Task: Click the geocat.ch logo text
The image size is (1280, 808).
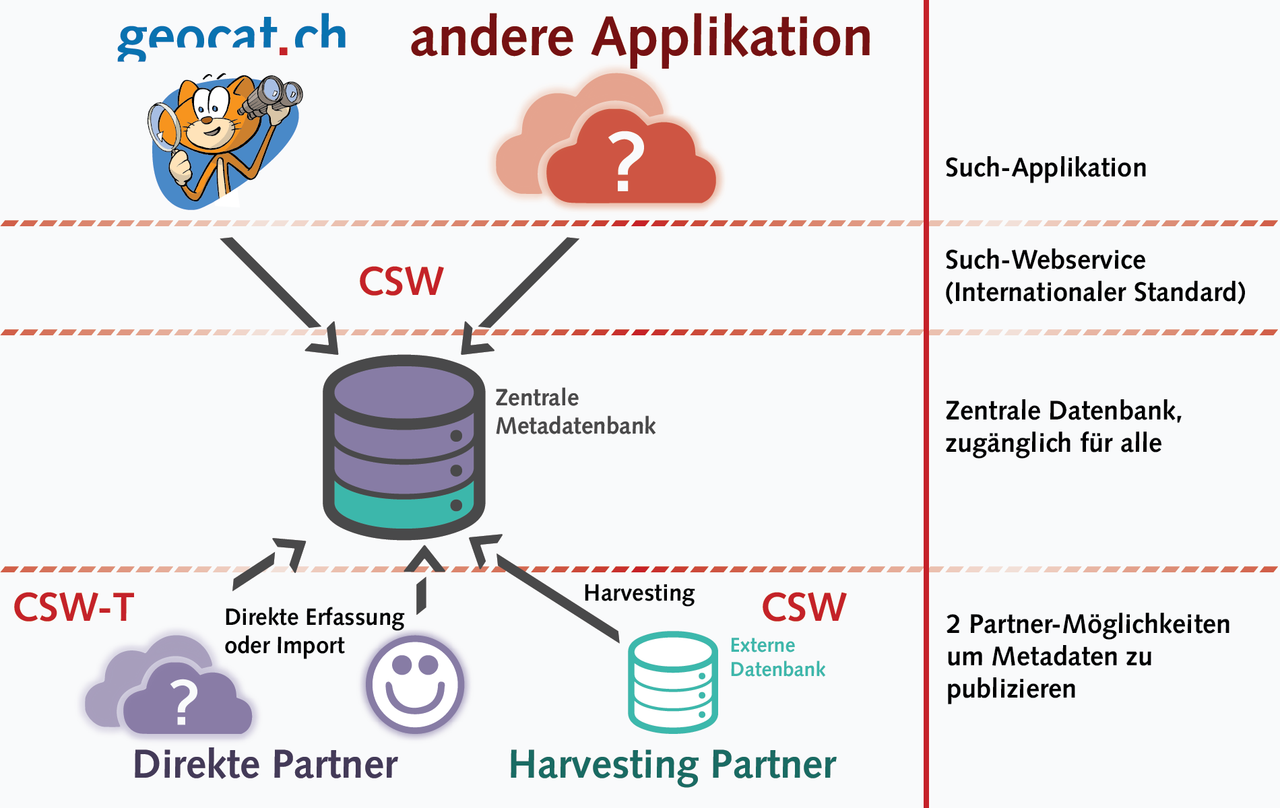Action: pyautogui.click(x=232, y=37)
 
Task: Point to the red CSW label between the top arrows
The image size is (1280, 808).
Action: pyautogui.click(x=401, y=281)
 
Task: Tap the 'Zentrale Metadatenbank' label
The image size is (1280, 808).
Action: pyautogui.click(x=575, y=411)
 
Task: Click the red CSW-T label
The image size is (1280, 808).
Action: pyautogui.click(x=74, y=607)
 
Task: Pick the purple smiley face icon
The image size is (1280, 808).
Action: pyautogui.click(x=415, y=684)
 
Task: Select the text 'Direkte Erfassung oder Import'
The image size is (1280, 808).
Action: pyautogui.click(x=313, y=631)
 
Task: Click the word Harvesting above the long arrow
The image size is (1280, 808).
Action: pyautogui.click(x=639, y=593)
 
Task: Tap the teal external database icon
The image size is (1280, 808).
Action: pyautogui.click(x=672, y=682)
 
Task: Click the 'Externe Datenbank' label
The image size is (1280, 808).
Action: pyautogui.click(x=777, y=657)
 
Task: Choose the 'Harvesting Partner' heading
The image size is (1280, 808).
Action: pyautogui.click(x=672, y=765)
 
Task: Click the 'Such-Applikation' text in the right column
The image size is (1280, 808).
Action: pyautogui.click(x=1046, y=168)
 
